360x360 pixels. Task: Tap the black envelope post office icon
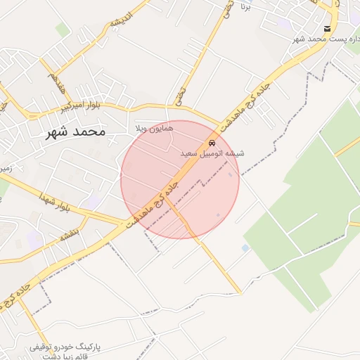coord(328,28)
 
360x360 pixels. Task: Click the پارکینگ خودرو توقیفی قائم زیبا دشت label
coord(67,352)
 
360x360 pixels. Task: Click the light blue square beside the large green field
coord(245,248)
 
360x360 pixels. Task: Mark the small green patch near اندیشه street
coord(63,30)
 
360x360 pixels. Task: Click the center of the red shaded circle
coord(180,179)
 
